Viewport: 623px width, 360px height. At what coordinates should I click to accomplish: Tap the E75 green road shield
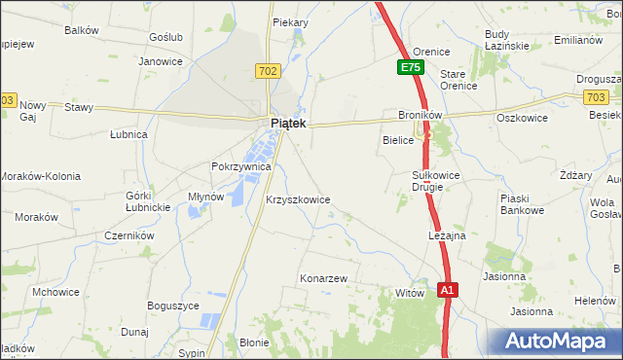click(x=410, y=68)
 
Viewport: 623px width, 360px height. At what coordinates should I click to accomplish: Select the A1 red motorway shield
click(x=447, y=290)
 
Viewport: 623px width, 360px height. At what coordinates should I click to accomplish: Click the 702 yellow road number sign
click(x=270, y=71)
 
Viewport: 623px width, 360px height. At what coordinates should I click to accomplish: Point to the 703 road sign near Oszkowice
click(x=598, y=97)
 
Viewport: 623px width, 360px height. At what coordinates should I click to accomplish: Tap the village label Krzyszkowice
click(x=298, y=199)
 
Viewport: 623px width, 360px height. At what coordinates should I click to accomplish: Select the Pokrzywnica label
click(x=240, y=166)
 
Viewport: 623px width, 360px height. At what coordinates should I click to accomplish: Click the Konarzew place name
click(x=323, y=278)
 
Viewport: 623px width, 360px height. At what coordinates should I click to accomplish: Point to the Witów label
click(x=409, y=292)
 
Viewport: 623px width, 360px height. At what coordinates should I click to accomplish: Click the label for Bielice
click(x=397, y=141)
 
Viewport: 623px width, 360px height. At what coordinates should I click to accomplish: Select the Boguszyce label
click(x=173, y=306)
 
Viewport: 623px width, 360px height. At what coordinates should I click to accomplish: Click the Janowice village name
click(x=161, y=61)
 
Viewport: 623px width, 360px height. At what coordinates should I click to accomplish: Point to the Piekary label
click(x=290, y=22)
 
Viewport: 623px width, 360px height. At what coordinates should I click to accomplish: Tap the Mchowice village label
click(x=55, y=291)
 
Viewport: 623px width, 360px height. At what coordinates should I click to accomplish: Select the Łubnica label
click(x=128, y=134)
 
